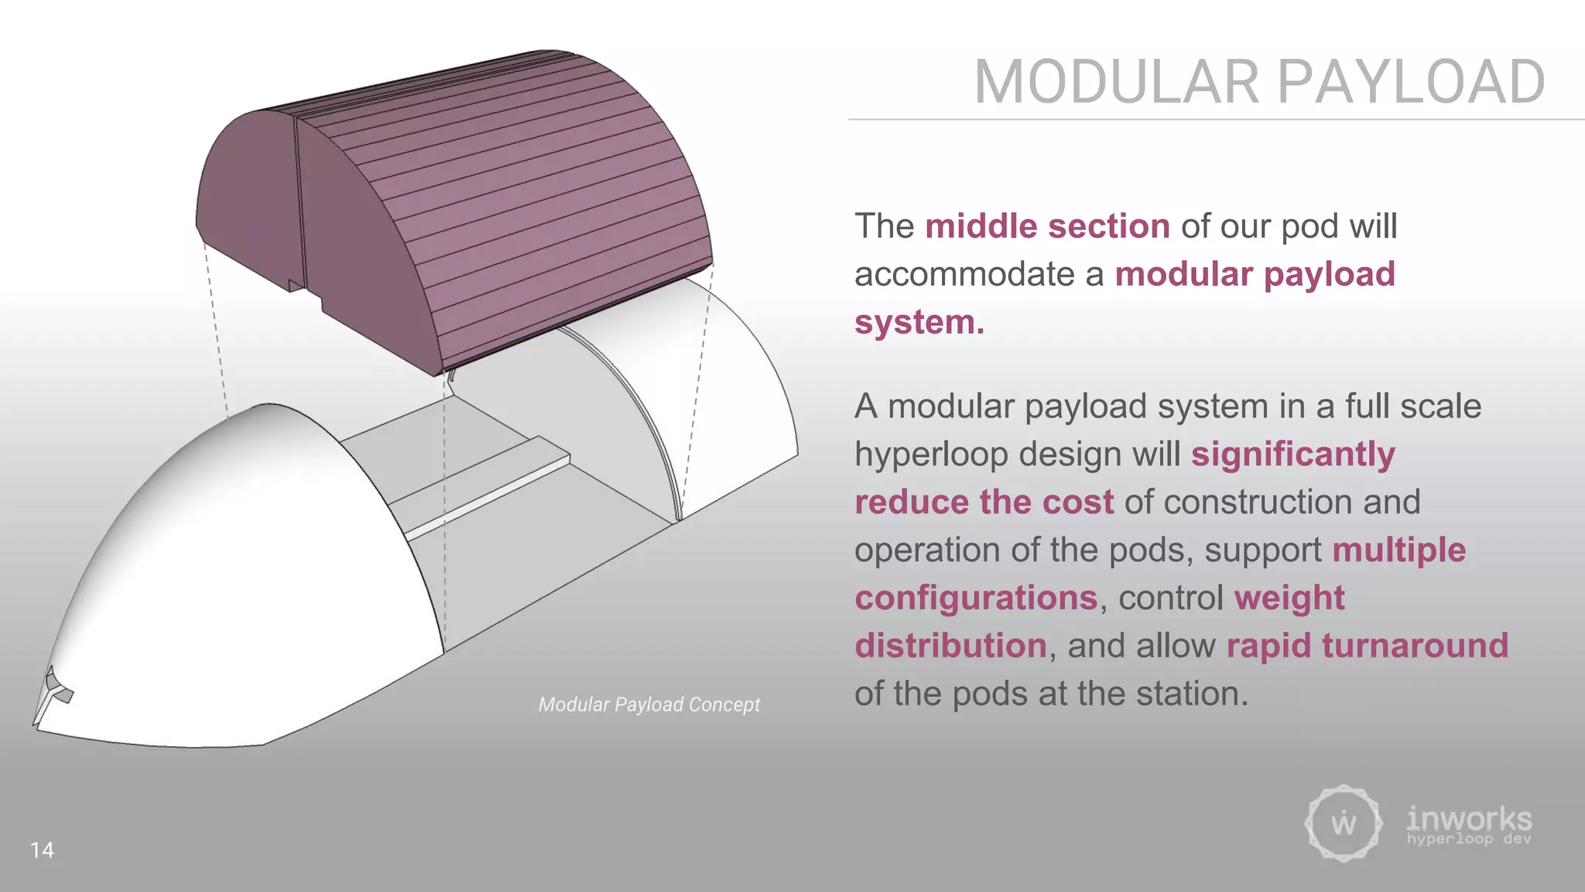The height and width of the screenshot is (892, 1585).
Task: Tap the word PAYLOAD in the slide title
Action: pyautogui.click(x=1410, y=82)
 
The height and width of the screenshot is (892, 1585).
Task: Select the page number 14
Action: pyautogui.click(x=42, y=849)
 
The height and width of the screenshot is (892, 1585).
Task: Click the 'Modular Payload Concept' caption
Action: pyautogui.click(x=649, y=705)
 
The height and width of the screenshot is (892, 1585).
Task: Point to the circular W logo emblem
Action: pyautogui.click(x=1343, y=822)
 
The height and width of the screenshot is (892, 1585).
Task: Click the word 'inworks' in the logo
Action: pyautogui.click(x=1468, y=818)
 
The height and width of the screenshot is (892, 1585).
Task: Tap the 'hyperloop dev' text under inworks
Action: pyautogui.click(x=1468, y=839)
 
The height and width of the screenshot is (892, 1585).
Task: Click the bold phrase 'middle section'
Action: pyautogui.click(x=1047, y=226)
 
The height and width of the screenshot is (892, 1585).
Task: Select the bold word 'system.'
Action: pyautogui.click(x=919, y=322)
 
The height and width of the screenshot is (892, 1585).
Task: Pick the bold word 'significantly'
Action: pyautogui.click(x=1292, y=455)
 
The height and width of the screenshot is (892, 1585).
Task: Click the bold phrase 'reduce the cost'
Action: pyautogui.click(x=984, y=503)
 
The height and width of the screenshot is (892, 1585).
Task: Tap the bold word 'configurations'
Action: pyautogui.click(x=975, y=598)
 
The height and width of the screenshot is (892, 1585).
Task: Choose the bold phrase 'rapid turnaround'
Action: pyautogui.click(x=1367, y=646)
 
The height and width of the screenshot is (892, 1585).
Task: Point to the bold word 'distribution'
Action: pyautogui.click(x=950, y=646)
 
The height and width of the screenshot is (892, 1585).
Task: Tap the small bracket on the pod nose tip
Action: pyautogui.click(x=54, y=691)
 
